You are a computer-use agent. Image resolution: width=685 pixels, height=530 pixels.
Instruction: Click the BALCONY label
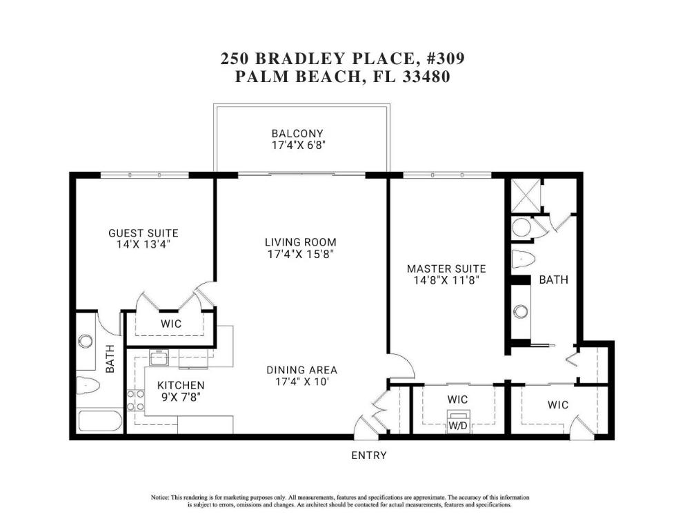(297, 133)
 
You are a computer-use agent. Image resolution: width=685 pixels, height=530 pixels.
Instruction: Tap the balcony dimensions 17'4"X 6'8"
(297, 146)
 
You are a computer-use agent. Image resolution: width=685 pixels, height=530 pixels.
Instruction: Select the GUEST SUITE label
(143, 233)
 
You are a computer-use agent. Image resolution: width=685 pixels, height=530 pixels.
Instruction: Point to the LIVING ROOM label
(300, 242)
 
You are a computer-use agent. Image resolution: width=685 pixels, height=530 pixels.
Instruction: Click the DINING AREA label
(301, 370)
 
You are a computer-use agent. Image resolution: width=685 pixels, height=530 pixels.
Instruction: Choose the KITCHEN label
(180, 385)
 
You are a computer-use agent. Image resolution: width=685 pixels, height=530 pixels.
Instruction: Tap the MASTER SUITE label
(446, 268)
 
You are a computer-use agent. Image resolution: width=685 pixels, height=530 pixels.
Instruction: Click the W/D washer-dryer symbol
(457, 421)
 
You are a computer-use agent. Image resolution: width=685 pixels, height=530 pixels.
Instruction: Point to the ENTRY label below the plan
(368, 455)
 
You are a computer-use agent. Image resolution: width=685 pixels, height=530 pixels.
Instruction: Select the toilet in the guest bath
(88, 385)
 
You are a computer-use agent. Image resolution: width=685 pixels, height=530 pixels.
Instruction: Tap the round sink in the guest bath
(86, 341)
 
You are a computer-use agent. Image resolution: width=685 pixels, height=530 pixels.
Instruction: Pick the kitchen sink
(160, 357)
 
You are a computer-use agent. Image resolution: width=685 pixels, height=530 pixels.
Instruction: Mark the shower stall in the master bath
(525, 196)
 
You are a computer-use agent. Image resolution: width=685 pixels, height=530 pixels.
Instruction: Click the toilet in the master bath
(524, 260)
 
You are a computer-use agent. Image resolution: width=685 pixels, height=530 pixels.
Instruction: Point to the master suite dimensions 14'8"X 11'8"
(446, 281)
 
